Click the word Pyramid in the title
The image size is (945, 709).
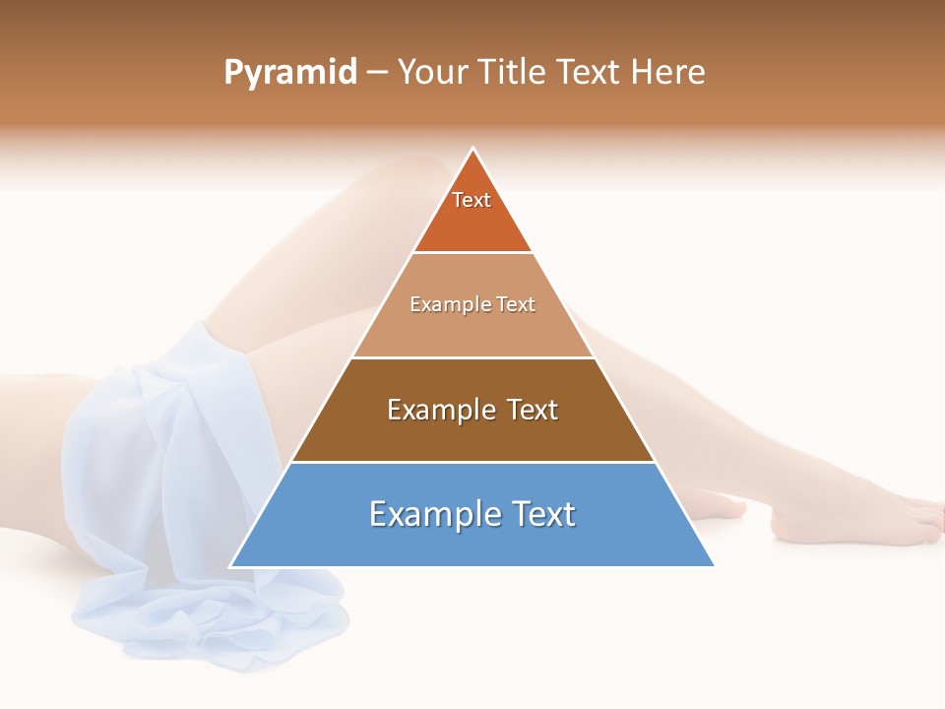click(290, 73)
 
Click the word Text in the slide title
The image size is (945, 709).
click(589, 73)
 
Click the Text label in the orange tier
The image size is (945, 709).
click(472, 200)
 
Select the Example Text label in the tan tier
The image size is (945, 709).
click(472, 304)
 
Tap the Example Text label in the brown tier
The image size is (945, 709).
click(472, 410)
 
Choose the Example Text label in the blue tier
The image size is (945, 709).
click(472, 514)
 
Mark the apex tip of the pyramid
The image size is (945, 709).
click(473, 150)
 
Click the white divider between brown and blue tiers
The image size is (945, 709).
click(472, 462)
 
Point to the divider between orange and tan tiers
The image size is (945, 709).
click(472, 252)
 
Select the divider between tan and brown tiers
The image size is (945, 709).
click(472, 357)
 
